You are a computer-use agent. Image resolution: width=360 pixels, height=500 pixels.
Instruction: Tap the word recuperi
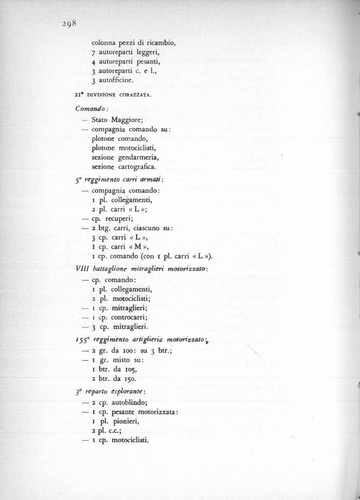pos(120,220)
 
